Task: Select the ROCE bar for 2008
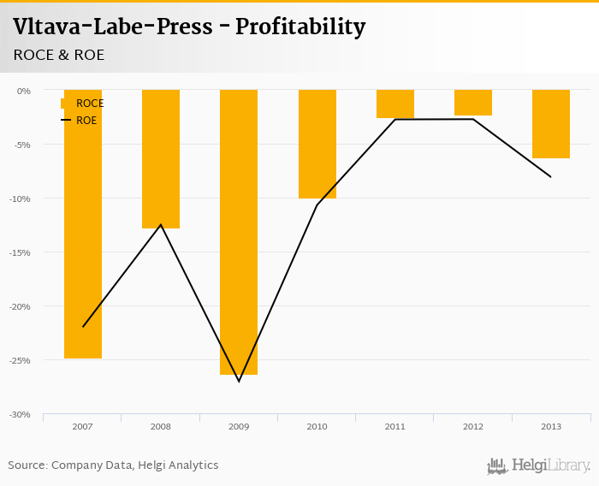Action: pyautogui.click(x=161, y=159)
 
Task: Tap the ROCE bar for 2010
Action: pyautogui.click(x=317, y=144)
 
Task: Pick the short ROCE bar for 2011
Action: pyautogui.click(x=395, y=104)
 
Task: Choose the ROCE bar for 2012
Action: pyautogui.click(x=473, y=103)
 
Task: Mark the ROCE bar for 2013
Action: pyautogui.click(x=551, y=124)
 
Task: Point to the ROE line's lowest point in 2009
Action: pyautogui.click(x=239, y=381)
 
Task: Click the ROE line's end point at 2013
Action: pyautogui.click(x=551, y=177)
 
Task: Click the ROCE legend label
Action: pyautogui.click(x=90, y=104)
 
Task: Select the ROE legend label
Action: pyautogui.click(x=86, y=121)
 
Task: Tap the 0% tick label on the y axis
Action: pyautogui.click(x=24, y=91)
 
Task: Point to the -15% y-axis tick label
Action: pyautogui.click(x=21, y=252)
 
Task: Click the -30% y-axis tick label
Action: pyautogui.click(x=21, y=414)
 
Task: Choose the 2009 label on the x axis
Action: pyautogui.click(x=239, y=425)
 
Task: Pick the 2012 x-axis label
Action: pyautogui.click(x=473, y=425)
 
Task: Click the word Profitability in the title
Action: pyautogui.click(x=300, y=27)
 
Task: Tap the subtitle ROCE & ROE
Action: pyautogui.click(x=59, y=55)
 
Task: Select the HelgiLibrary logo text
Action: pyautogui.click(x=550, y=465)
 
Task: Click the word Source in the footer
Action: pyautogui.click(x=27, y=465)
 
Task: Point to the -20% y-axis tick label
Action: pyautogui.click(x=21, y=306)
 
